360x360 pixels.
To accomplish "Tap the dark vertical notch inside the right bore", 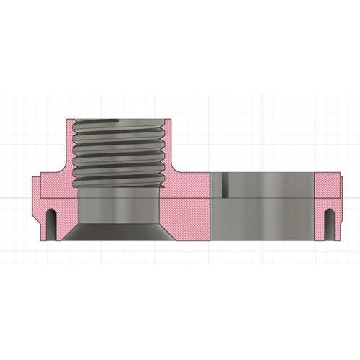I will click(225, 184).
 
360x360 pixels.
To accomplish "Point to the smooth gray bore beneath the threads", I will click(118, 209).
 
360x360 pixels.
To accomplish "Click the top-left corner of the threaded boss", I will click(66, 120).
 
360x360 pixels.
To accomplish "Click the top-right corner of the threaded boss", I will click(170, 120).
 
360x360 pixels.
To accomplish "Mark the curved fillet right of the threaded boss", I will click(174, 173).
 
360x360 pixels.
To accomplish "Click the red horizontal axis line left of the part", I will click(14, 197).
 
